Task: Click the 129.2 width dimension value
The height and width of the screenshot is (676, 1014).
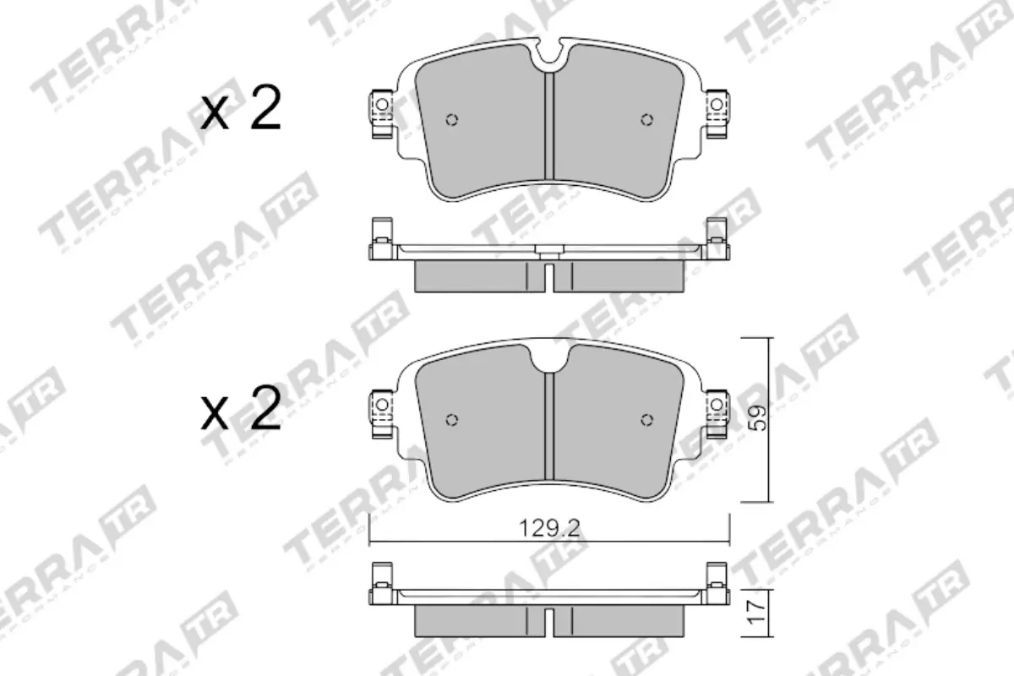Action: tap(550, 529)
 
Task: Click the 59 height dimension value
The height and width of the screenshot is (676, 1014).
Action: tap(759, 418)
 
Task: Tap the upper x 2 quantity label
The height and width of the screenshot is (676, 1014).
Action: tap(241, 112)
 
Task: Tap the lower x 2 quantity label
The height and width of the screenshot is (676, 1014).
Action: tap(241, 412)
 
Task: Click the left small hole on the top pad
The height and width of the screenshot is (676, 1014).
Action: tap(451, 119)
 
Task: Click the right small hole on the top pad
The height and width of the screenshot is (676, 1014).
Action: tap(647, 118)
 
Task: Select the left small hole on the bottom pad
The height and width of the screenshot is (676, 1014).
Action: tap(451, 420)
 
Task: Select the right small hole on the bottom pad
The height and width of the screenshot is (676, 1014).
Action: tap(647, 420)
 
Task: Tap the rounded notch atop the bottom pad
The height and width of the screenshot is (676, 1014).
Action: tap(550, 358)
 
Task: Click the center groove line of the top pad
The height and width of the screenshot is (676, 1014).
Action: tap(550, 127)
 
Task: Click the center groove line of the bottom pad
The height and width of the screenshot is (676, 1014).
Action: tap(550, 431)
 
